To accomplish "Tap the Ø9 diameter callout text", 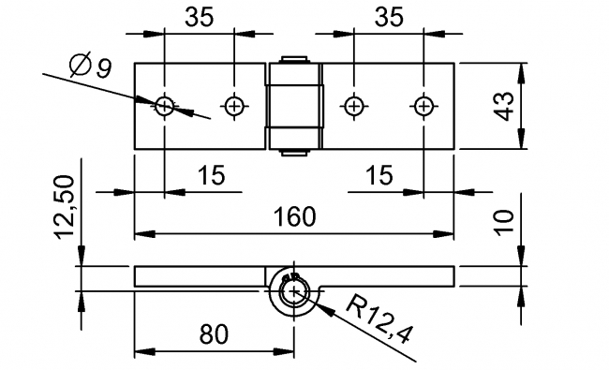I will [91, 67].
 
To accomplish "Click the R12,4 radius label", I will [378, 321].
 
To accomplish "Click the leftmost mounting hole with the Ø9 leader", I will [165, 105].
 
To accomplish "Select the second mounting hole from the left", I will [232, 105].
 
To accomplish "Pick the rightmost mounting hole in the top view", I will [423, 105].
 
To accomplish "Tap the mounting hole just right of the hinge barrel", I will [353, 105].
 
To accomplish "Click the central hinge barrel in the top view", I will [294, 105].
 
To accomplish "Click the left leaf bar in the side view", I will [201, 276].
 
